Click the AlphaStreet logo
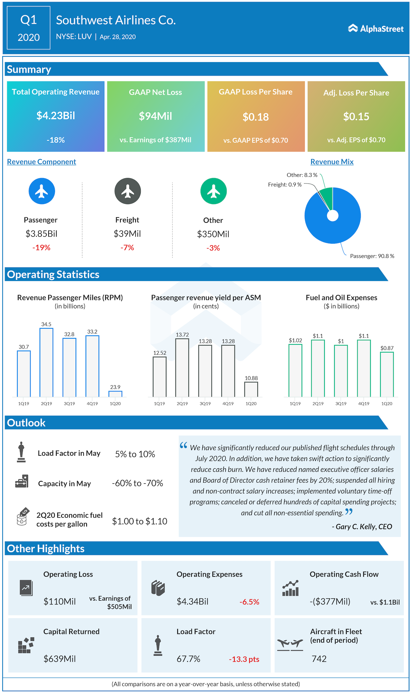coord(376,29)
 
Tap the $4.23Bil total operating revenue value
coord(56,116)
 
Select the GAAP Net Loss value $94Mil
coord(155,116)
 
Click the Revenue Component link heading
coord(42,162)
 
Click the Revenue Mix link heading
coord(332,162)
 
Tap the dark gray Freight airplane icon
coord(128,191)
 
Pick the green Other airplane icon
coord(213,191)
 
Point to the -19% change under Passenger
coord(41,248)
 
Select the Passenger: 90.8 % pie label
coord(372,256)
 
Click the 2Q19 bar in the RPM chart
coord(46,362)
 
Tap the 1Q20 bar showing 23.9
coord(115,394)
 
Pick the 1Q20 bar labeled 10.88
coord(251,389)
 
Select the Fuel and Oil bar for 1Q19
coord(295,370)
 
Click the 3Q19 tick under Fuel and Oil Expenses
coord(341,404)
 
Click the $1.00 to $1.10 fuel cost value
coord(139,521)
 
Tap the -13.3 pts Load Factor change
coord(244,659)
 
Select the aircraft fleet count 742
coord(319,659)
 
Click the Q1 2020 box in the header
coord(29,28)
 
